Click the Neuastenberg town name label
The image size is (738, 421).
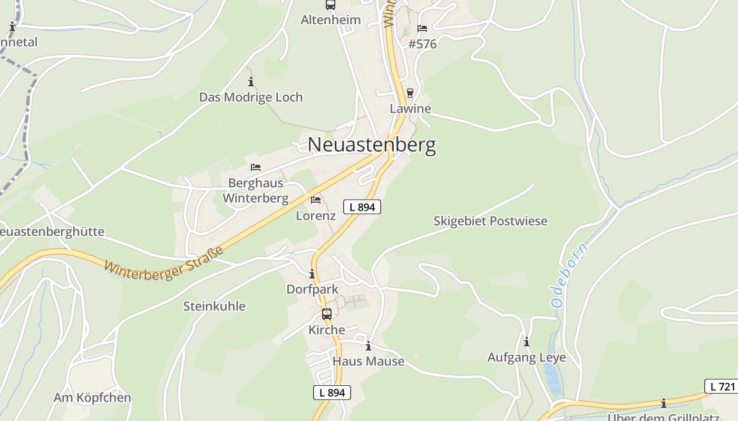(372, 145)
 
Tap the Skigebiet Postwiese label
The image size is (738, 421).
(490, 221)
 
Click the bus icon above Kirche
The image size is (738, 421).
(327, 315)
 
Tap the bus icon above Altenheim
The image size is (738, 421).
(331, 5)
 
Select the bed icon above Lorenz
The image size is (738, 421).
(316, 200)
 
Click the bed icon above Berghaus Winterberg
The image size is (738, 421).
(256, 167)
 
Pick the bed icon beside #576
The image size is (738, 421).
(422, 28)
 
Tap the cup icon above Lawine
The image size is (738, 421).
(410, 93)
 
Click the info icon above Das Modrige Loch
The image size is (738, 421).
(251, 82)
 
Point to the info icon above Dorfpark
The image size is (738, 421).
(312, 274)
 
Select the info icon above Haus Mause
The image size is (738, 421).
(368, 346)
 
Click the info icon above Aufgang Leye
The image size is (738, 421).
(527, 342)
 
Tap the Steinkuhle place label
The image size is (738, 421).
(214, 306)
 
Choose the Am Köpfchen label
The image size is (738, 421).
(92, 398)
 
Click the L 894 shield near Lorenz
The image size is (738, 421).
(362, 207)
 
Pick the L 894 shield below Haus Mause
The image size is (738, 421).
(332, 393)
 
